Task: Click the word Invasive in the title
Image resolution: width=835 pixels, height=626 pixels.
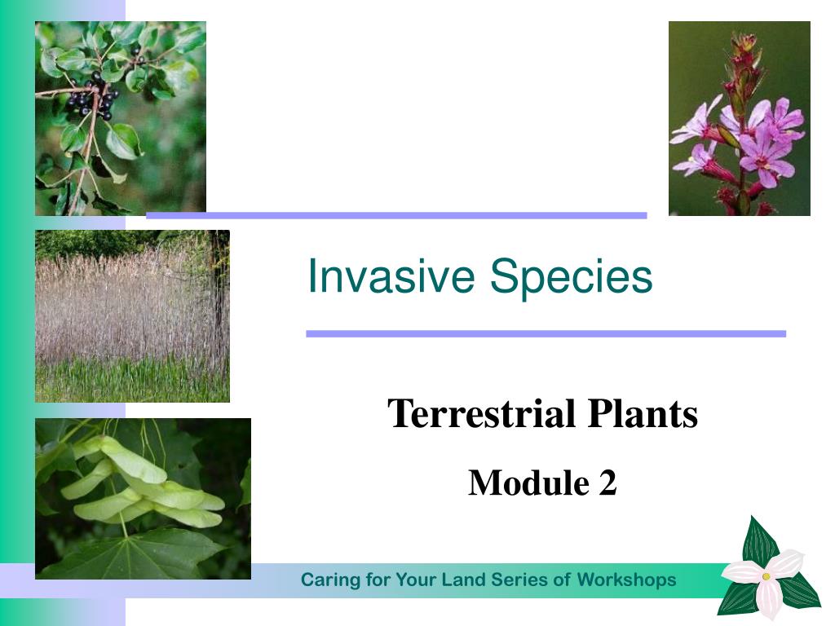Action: point(391,276)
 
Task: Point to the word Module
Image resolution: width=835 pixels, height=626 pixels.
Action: point(528,483)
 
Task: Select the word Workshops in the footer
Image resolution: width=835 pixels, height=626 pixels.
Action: point(627,580)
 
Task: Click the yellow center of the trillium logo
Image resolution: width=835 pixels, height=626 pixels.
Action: point(766,576)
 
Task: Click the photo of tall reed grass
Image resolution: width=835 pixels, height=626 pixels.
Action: point(132,315)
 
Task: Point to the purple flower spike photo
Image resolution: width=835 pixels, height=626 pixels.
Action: point(739,118)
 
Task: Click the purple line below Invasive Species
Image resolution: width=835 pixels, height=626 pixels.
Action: point(546,333)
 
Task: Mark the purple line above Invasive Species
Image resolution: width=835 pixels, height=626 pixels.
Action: point(397,215)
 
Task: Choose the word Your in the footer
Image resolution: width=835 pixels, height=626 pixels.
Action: point(414,580)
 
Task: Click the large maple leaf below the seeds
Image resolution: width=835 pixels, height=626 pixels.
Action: point(133,553)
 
